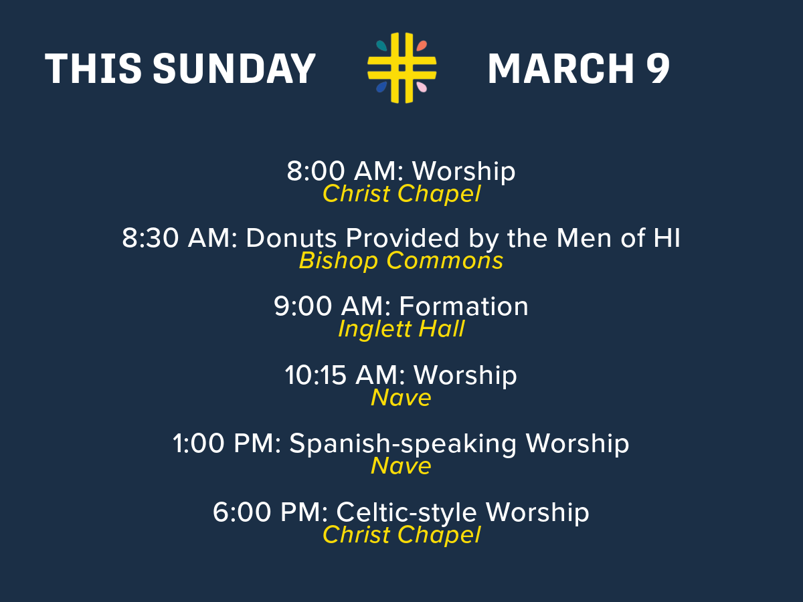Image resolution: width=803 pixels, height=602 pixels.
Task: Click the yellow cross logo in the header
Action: pyautogui.click(x=401, y=68)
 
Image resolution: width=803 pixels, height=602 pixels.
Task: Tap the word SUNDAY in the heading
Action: pyautogui.click(x=234, y=69)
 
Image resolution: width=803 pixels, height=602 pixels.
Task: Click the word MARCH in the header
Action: pyautogui.click(x=561, y=69)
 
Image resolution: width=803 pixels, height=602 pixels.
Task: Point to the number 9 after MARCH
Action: pyautogui.click(x=657, y=69)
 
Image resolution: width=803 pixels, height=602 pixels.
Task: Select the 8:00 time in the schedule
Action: pyautogui.click(x=316, y=171)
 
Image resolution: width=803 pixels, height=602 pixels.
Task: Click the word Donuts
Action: pyautogui.click(x=291, y=238)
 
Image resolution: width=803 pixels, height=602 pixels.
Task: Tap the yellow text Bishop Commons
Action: pyautogui.click(x=401, y=261)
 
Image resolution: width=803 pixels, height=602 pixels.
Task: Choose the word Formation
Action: pyautogui.click(x=464, y=306)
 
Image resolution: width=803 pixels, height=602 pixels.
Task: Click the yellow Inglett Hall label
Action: pyautogui.click(x=401, y=329)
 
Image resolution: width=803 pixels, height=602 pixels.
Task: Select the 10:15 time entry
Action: pyautogui.click(x=315, y=375)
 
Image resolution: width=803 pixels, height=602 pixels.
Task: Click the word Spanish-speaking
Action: pyautogui.click(x=403, y=444)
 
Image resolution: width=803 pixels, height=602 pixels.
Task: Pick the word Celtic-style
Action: pyautogui.click(x=406, y=513)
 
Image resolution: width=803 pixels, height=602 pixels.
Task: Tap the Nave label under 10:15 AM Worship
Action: pyautogui.click(x=401, y=398)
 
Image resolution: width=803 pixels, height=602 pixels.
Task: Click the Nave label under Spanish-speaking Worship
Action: pyautogui.click(x=401, y=466)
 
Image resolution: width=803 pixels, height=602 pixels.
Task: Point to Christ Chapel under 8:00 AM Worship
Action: pyautogui.click(x=401, y=194)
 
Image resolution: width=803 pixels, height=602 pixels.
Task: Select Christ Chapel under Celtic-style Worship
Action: pyautogui.click(x=401, y=534)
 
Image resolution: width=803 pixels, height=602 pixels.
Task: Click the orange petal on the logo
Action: pyautogui.click(x=422, y=45)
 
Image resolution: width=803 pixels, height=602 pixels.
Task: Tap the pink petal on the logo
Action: pyautogui.click(x=422, y=87)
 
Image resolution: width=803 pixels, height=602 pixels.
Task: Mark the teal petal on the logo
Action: pyautogui.click(x=381, y=45)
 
